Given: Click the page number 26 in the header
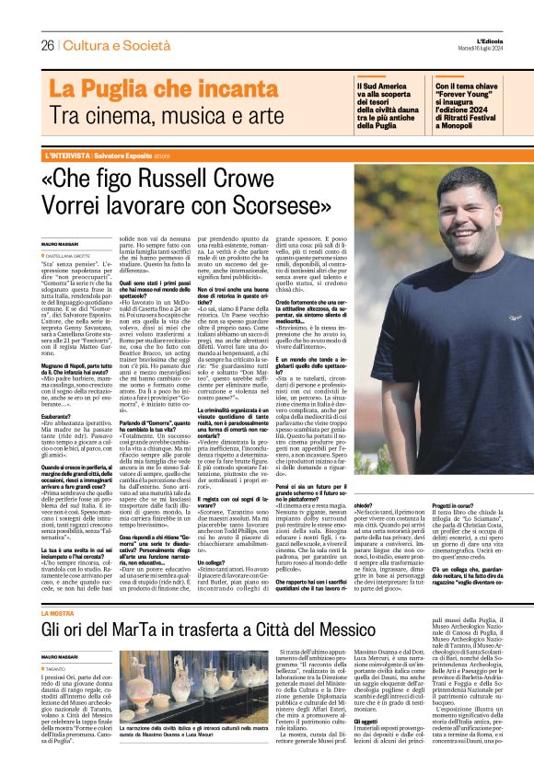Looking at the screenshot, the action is pyautogui.click(x=46, y=45).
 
